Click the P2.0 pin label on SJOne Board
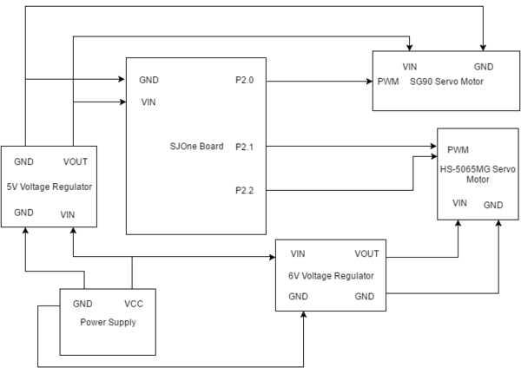tap(245, 80)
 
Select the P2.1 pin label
tap(245, 147)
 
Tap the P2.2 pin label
tap(245, 190)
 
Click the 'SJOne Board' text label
tap(197, 146)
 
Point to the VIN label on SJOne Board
tap(148, 102)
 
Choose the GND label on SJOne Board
tap(148, 80)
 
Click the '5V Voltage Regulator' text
tap(49, 187)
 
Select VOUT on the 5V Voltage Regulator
tap(76, 161)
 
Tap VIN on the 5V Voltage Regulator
tap(68, 214)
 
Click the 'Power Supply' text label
tap(108, 322)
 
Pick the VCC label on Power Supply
tap(134, 304)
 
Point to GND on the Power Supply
tap(82, 304)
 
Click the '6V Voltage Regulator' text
tap(331, 276)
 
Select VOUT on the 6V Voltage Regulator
tap(366, 253)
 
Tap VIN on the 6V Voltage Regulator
tap(298, 253)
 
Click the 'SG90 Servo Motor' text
tap(446, 82)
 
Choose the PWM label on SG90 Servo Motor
tap(388, 82)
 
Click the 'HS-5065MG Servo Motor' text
tap(478, 174)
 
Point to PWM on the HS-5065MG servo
tap(458, 150)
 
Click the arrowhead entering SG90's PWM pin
tap(370, 81)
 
